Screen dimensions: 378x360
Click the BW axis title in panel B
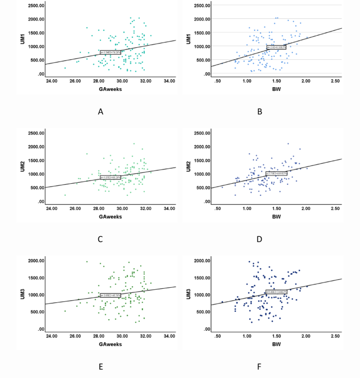point(275,89)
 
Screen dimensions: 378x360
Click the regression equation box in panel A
point(111,51)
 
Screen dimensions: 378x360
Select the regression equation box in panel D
point(276,173)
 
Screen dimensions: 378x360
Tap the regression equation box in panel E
point(111,295)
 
